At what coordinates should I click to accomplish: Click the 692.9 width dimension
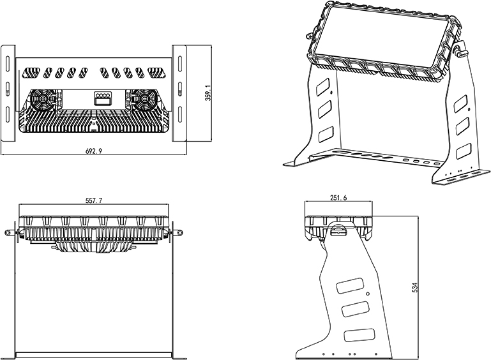coord(93,151)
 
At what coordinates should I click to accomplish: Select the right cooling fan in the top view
coord(145,100)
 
